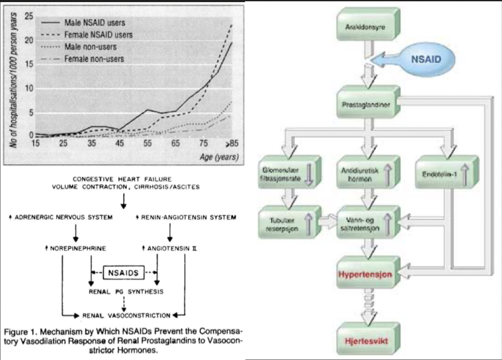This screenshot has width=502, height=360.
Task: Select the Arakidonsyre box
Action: point(368,27)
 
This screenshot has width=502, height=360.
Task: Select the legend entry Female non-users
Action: point(94,59)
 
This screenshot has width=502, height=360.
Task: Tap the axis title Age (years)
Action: point(219,157)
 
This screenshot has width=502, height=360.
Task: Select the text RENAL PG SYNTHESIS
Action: point(125,292)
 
